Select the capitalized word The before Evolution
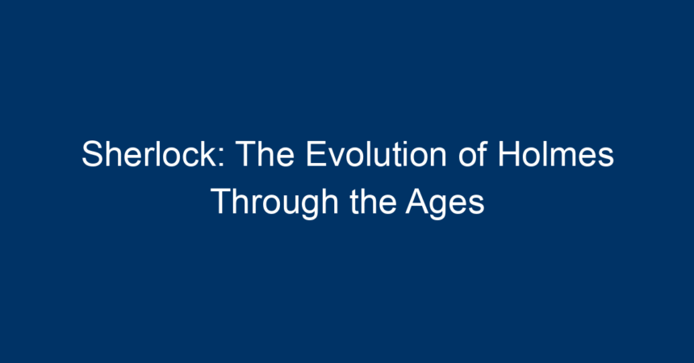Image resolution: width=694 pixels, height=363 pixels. coord(265,153)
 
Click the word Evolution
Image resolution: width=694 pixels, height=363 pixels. coord(376,153)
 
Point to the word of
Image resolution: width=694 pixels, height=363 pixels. coord(473,153)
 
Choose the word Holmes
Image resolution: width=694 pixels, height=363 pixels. coord(556,153)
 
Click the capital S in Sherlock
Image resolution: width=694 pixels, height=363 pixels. coord(93,153)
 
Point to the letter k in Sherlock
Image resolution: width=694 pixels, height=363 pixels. coord(207,153)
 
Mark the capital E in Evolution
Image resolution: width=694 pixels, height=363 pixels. coord(316,153)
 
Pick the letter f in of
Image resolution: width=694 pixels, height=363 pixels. coord(483,153)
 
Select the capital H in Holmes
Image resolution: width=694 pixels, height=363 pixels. coord(509,153)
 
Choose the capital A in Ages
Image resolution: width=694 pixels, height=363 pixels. coord(418,202)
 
